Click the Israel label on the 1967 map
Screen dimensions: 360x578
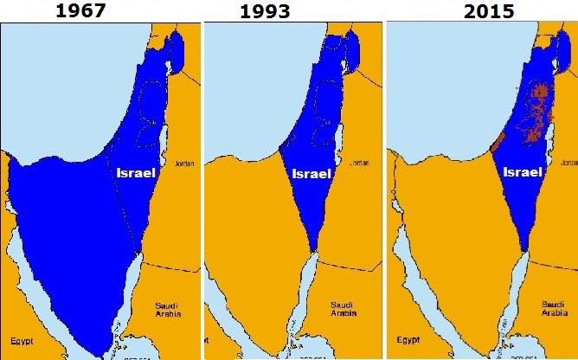[135, 173]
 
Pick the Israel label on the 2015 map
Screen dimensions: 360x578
[523, 172]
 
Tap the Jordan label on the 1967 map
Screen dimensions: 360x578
[184, 163]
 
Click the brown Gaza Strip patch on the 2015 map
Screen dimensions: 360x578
[498, 143]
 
